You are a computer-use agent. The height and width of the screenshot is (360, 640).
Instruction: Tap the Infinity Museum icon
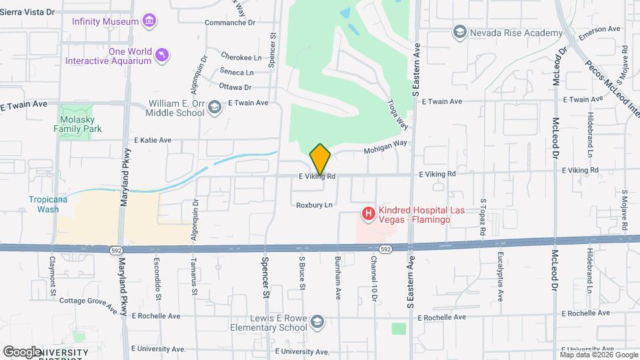tap(150, 21)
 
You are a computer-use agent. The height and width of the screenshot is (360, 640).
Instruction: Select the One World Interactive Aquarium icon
tap(161, 55)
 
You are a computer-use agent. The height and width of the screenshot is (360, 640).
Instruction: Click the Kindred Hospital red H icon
tap(367, 214)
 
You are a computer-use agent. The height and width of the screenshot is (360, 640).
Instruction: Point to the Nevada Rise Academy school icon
tap(459, 32)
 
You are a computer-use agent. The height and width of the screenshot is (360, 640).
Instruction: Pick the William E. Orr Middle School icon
tap(215, 107)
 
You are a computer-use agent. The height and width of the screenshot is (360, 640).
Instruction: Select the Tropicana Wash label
tap(48, 204)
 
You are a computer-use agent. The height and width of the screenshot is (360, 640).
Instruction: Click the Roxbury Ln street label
tap(314, 205)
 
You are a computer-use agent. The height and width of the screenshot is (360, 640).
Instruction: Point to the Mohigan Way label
tap(385, 147)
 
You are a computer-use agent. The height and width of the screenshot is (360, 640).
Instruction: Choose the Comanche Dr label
tap(229, 23)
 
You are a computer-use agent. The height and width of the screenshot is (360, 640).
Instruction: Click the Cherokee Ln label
tap(237, 57)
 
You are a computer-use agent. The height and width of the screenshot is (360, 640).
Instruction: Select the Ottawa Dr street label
tap(235, 87)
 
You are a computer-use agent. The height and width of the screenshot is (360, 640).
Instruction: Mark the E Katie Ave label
tap(153, 141)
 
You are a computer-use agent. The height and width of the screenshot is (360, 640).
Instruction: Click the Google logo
tap(22, 351)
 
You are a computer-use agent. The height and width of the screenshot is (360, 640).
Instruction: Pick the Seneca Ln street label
tap(237, 72)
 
